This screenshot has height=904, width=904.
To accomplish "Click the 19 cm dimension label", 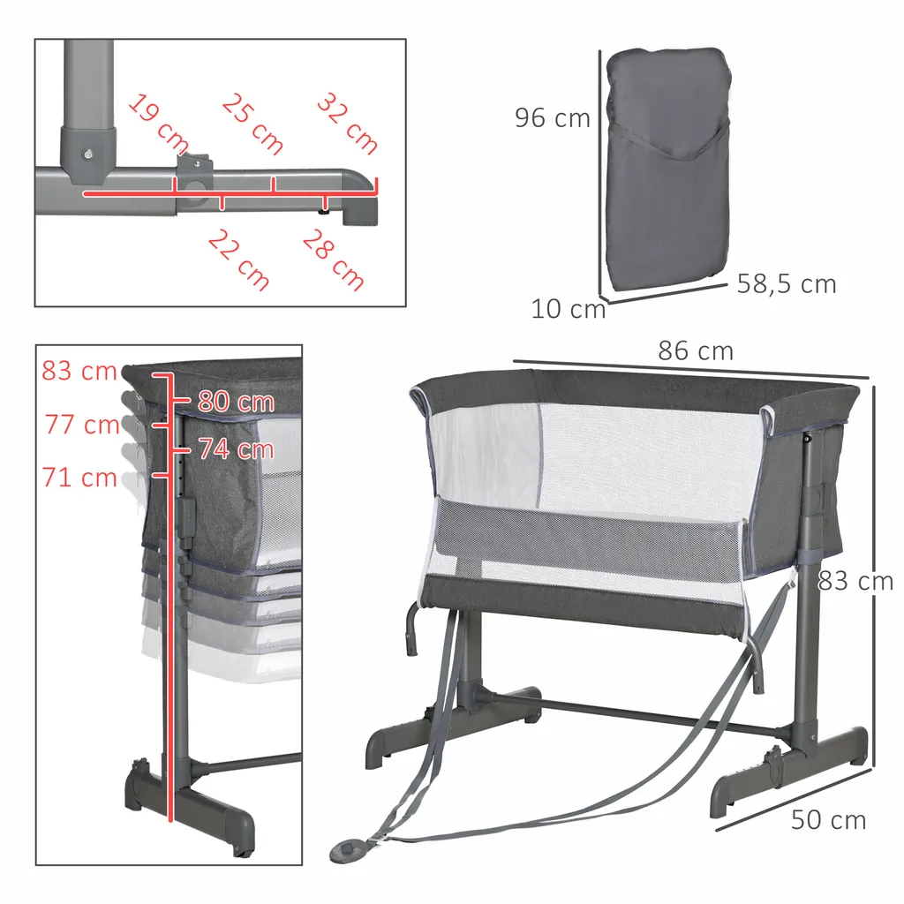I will [x=159, y=122].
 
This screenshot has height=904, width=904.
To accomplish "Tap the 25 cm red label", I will [x=252, y=124].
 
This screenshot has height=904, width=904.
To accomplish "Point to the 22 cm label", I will [x=239, y=260].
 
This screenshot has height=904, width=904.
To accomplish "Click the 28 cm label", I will [x=334, y=260].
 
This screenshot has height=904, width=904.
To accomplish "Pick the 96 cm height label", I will [x=553, y=117].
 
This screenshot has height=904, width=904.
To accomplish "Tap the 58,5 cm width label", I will [x=787, y=284].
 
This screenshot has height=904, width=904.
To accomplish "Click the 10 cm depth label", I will [x=569, y=309].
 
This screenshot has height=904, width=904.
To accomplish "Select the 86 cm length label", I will [x=696, y=351].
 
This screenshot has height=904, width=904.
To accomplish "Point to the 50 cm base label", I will [x=828, y=820].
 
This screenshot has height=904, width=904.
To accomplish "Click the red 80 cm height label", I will [x=236, y=402].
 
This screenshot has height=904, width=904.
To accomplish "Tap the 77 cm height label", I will [x=82, y=425].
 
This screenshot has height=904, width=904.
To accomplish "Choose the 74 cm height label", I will [x=236, y=449].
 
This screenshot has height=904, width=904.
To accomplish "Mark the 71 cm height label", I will [x=80, y=478].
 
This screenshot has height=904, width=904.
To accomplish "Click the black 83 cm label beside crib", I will [x=855, y=581].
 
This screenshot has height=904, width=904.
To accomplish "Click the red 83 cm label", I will [x=79, y=371].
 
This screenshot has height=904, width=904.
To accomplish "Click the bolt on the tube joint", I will [x=87, y=153].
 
